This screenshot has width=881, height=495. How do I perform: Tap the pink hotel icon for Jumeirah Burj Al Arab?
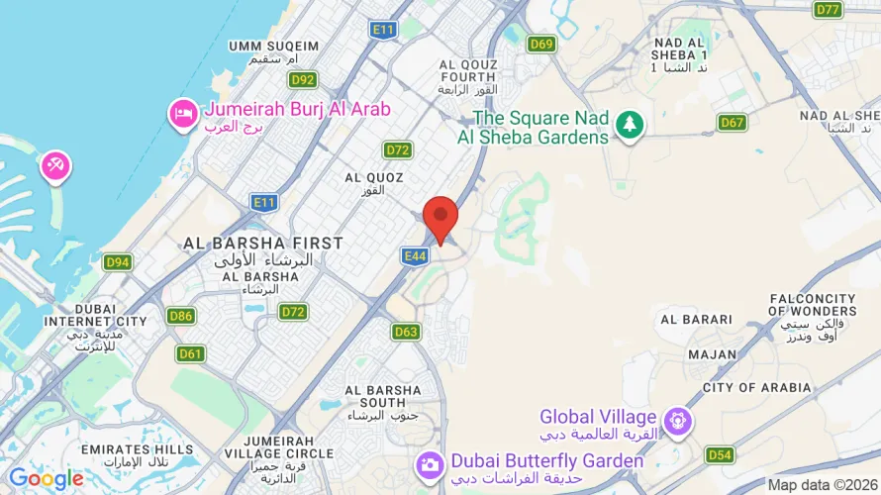pyautogui.click(x=183, y=114)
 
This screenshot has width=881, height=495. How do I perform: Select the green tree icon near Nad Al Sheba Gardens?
pyautogui.click(x=629, y=125)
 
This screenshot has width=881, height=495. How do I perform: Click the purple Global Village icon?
pyautogui.click(x=677, y=421)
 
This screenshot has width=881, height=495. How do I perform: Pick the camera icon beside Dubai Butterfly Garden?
pyautogui.click(x=430, y=463)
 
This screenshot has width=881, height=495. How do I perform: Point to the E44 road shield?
pyautogui.click(x=415, y=255)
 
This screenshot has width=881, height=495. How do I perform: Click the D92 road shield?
pyautogui.click(x=303, y=79)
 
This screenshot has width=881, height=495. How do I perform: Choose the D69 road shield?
pyautogui.click(x=541, y=44)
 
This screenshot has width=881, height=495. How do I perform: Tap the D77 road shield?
pyautogui.click(x=828, y=10)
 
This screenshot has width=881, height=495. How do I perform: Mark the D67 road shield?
pyautogui.click(x=732, y=122)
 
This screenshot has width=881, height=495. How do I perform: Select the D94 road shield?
pyautogui.click(x=118, y=262)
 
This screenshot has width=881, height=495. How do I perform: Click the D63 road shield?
pyautogui.click(x=406, y=332)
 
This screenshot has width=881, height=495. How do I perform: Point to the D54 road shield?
pyautogui.click(x=720, y=454)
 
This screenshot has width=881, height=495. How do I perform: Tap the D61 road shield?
pyautogui.click(x=191, y=353)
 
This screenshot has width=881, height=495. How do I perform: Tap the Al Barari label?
pyautogui.click(x=696, y=319)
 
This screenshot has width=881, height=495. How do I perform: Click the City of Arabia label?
pyautogui.click(x=756, y=387)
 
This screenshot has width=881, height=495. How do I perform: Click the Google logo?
pyautogui.click(x=47, y=479)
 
